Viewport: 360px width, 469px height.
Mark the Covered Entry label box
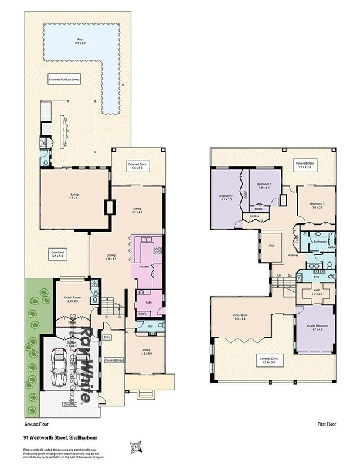(114, 360)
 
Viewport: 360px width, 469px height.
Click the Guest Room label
(72, 300)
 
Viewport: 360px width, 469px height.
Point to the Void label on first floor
(271, 245)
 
